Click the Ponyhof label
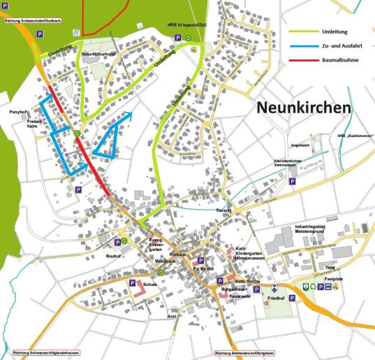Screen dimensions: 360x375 pyautogui.click(x=17, y=112)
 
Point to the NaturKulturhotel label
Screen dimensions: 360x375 pyautogui.click(x=98, y=54)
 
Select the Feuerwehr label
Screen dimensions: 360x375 pyautogui.click(x=240, y=295)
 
